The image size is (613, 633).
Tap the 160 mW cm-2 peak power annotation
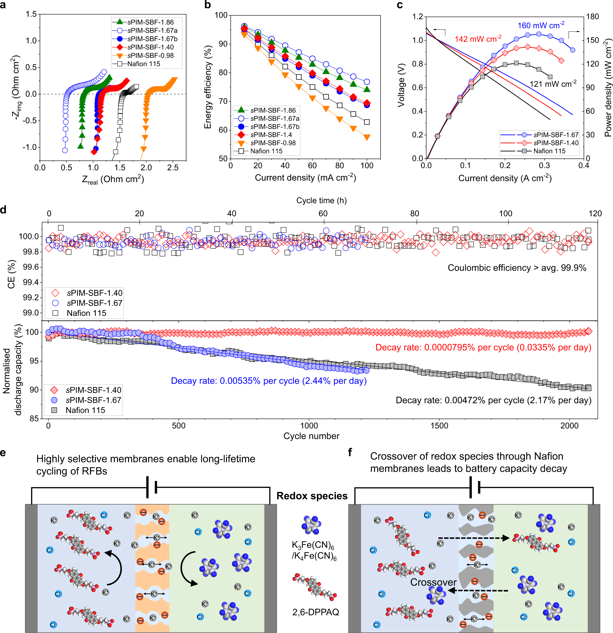point(541,25)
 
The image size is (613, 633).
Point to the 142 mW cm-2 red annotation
point(478,39)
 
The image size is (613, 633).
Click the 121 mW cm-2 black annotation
point(552,84)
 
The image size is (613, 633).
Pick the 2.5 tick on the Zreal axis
point(173,167)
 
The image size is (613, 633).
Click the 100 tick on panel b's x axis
point(367,166)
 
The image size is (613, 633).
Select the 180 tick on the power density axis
point(592,17)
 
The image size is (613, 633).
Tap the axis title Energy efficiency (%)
point(208,87)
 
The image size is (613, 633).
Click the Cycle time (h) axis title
point(321,201)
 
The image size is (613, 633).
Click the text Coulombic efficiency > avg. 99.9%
point(517,268)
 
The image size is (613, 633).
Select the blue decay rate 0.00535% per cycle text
point(268,381)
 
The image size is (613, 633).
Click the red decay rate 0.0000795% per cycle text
point(483,347)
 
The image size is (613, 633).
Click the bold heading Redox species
point(312,496)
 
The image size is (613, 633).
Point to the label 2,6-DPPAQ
point(315,612)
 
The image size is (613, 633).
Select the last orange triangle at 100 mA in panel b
point(367,138)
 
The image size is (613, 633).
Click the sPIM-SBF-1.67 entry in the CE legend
point(94,303)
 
